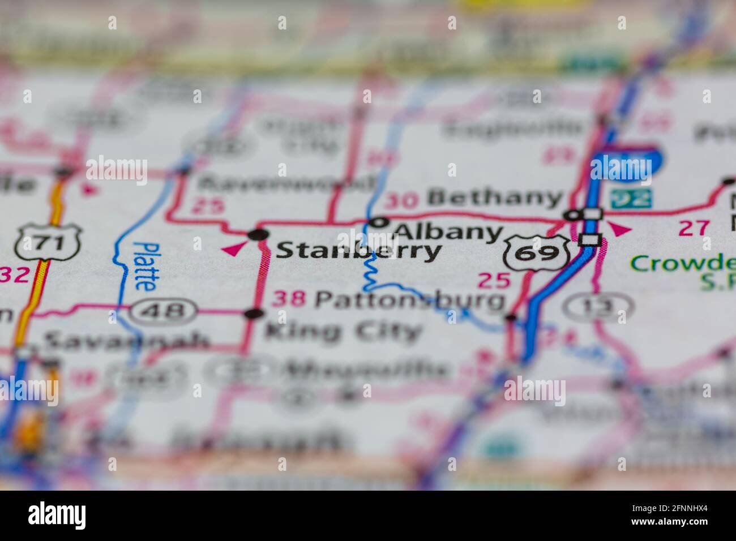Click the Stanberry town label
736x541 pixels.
[358, 251]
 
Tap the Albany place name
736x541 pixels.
[449, 231]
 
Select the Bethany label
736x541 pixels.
[495, 198]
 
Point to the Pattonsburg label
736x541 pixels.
[409, 299]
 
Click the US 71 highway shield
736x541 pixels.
[49, 243]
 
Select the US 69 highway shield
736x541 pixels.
[537, 252]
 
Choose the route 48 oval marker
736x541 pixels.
[164, 311]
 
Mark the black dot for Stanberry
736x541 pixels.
[258, 235]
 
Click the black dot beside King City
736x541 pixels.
[255, 314]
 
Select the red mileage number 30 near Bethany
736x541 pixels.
[401, 200]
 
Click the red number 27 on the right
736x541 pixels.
[694, 228]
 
